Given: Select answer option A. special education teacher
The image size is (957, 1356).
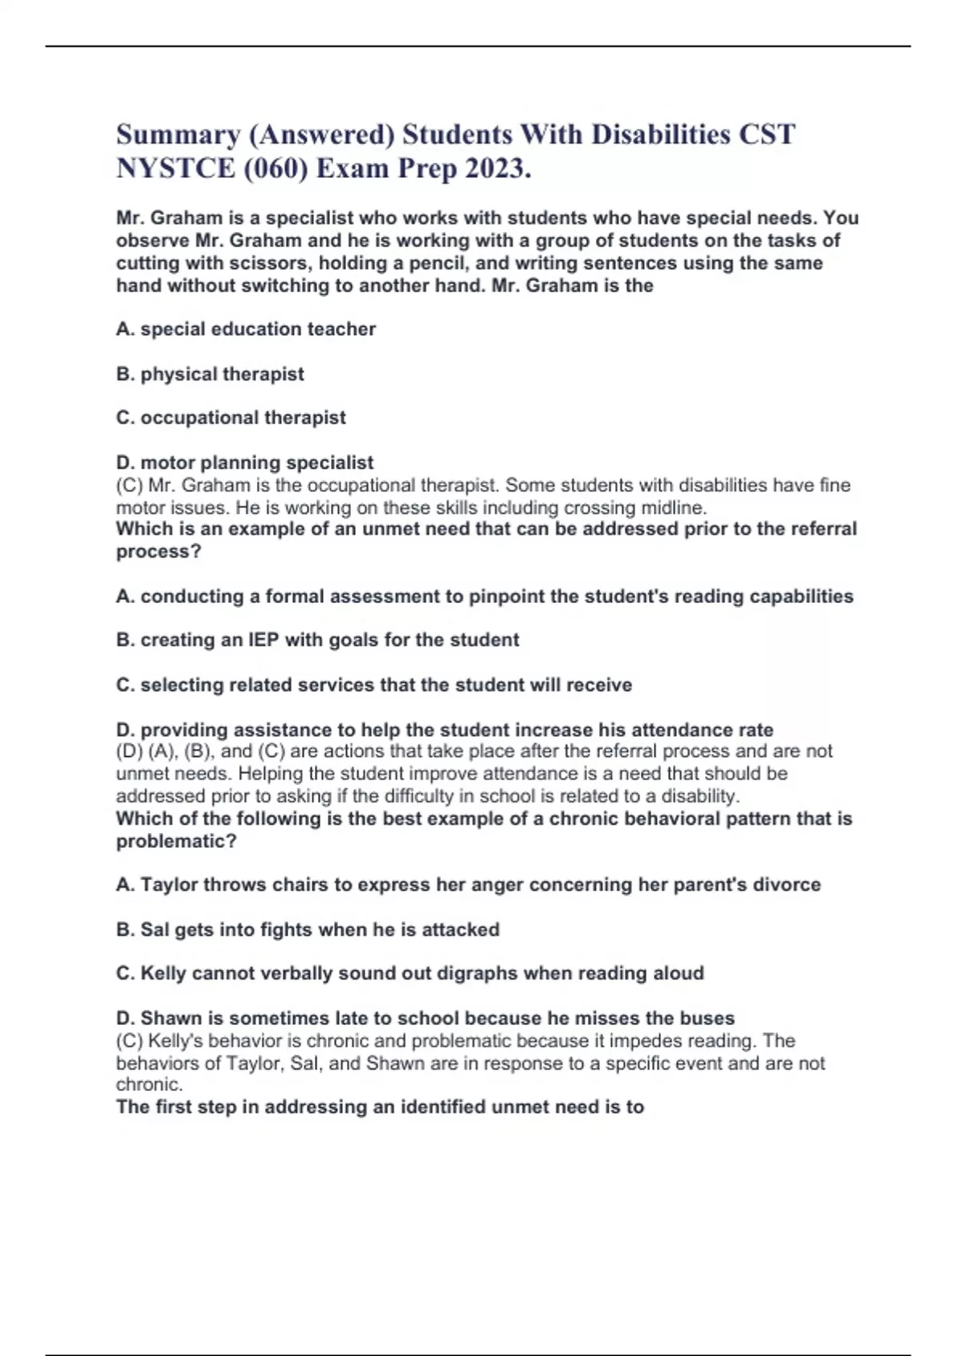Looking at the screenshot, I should (246, 329).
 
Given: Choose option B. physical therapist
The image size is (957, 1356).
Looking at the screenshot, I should (210, 373).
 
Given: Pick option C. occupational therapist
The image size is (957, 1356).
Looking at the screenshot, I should (230, 417).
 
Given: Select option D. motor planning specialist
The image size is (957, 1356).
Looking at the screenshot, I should (244, 463).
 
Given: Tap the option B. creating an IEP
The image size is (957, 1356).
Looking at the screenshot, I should (317, 640).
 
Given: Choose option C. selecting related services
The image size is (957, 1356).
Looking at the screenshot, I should (373, 684).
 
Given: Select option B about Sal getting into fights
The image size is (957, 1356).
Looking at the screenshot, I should (308, 929).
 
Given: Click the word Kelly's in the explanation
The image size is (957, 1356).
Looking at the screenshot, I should (174, 1041).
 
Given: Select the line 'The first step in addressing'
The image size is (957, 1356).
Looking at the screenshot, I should (380, 1107).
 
